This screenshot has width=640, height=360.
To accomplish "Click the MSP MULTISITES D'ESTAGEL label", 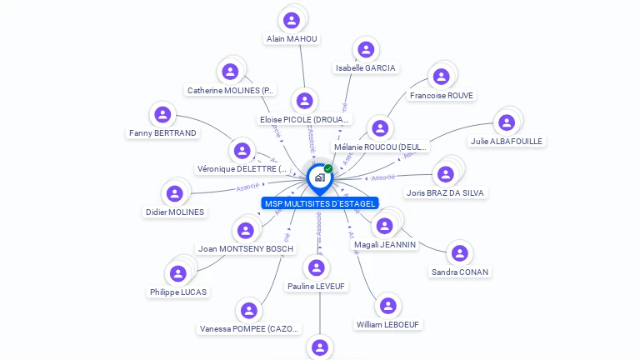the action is pos(320,203).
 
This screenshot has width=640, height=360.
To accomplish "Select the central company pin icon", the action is pos(319,177).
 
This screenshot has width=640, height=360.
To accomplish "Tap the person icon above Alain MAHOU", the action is pos(291,20).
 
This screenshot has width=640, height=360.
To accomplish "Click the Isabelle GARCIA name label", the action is pos(366,67).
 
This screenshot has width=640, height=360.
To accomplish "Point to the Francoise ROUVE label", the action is pos(442,96).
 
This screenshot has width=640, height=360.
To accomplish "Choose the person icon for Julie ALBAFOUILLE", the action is pos(506,122).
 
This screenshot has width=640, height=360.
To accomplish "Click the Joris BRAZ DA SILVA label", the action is pos(446,192).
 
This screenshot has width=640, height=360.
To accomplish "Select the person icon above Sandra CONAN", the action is pos(459,252).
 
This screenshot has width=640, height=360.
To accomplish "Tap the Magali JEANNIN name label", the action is pos(385,244).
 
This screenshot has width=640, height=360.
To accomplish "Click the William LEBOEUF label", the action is pos(388,324).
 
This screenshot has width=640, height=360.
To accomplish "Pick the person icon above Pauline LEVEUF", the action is pos(316,267).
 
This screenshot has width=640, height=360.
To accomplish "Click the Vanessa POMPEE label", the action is pos(249,329).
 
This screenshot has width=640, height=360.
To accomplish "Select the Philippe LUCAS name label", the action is pos(178,292).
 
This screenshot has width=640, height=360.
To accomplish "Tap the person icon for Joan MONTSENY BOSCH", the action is pos(245,230).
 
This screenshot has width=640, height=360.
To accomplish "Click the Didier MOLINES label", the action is pos(175,212).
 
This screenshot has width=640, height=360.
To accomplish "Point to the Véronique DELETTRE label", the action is pos(242,168).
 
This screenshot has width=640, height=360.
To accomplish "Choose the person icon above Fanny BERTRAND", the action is pos(163,114).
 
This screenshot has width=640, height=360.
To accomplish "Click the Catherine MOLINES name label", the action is pos(231,90).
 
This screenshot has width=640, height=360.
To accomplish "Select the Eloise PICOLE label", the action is pos(305,119).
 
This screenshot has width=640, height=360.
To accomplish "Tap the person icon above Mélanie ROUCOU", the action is pos(380,128).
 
